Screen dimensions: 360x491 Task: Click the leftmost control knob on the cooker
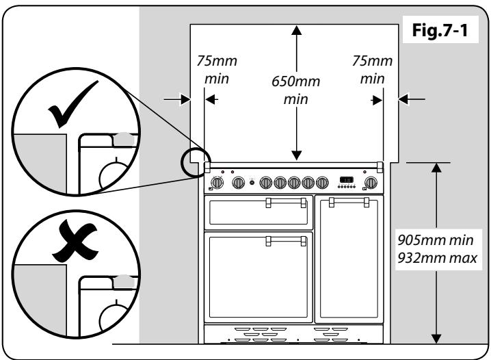(218, 183)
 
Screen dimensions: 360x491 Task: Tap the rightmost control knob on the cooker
(371, 182)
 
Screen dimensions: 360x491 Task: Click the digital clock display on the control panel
(347, 181)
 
